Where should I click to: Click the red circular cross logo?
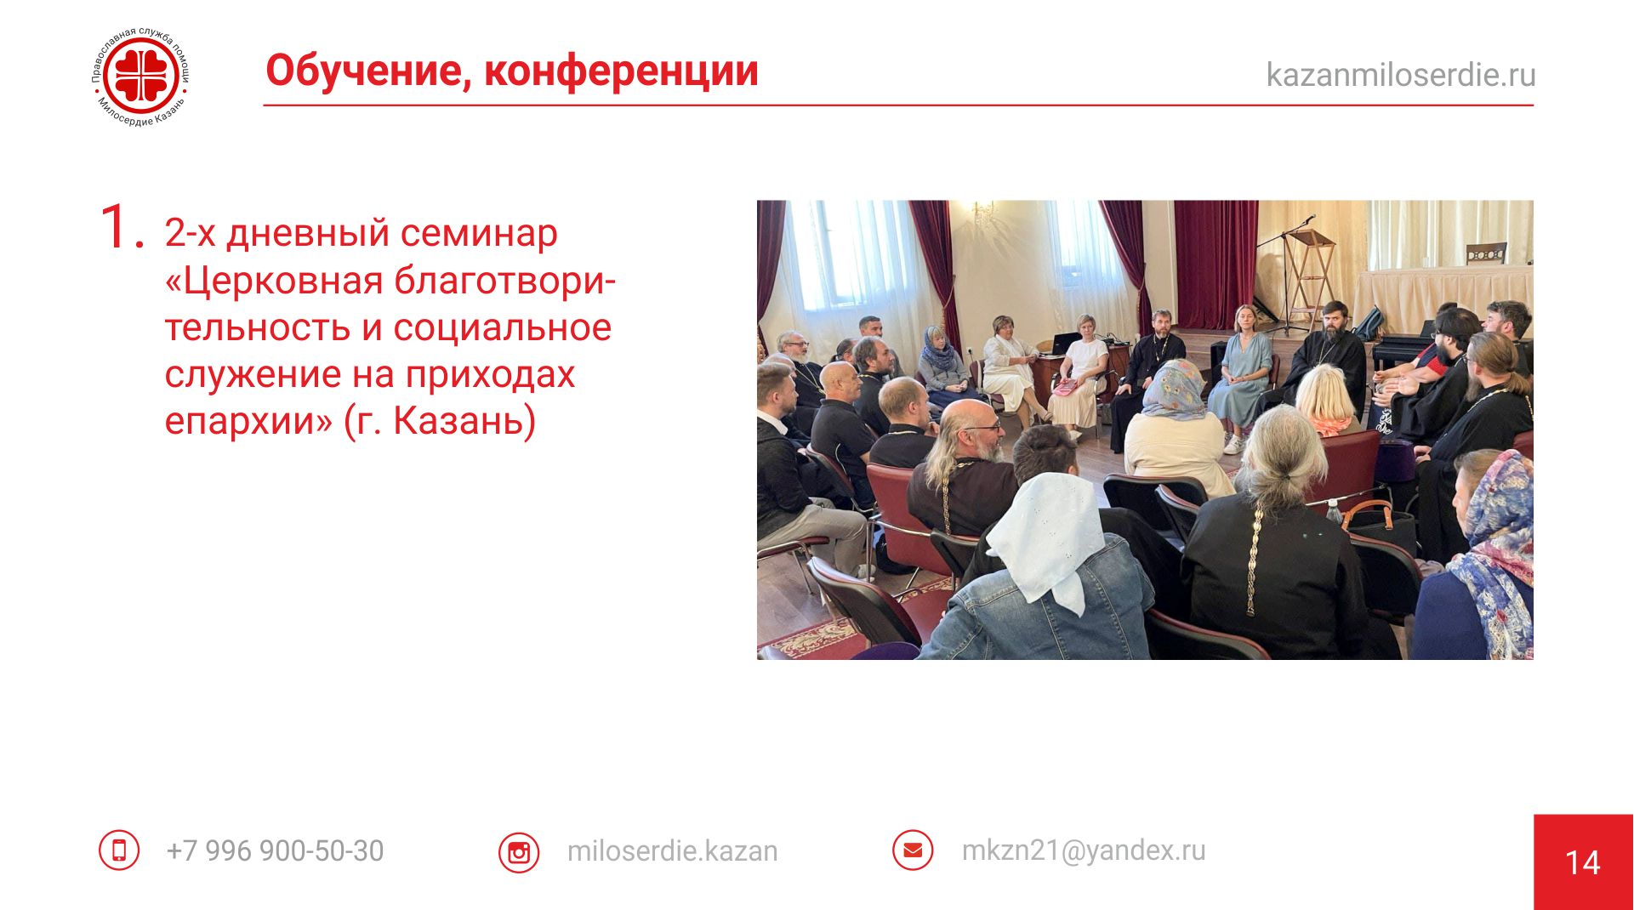pyautogui.click(x=141, y=77)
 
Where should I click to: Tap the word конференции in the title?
pyautogui.click(x=622, y=71)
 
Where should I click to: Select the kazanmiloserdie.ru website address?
pyautogui.click(x=1401, y=75)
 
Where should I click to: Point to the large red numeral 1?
pyautogui.click(x=120, y=227)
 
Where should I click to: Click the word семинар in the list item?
pyautogui.click(x=479, y=233)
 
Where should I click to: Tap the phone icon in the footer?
pyautogui.click(x=119, y=850)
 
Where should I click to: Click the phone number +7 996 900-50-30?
pyautogui.click(x=275, y=850)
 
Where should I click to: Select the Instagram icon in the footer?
pyautogui.click(x=519, y=852)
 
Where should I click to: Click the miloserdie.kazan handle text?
pyautogui.click(x=672, y=850)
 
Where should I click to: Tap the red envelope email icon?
pyautogui.click(x=913, y=850)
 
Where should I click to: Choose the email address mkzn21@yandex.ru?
pyautogui.click(x=1084, y=850)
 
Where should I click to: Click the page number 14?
pyautogui.click(x=1583, y=863)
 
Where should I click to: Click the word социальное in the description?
pyautogui.click(x=503, y=327)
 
